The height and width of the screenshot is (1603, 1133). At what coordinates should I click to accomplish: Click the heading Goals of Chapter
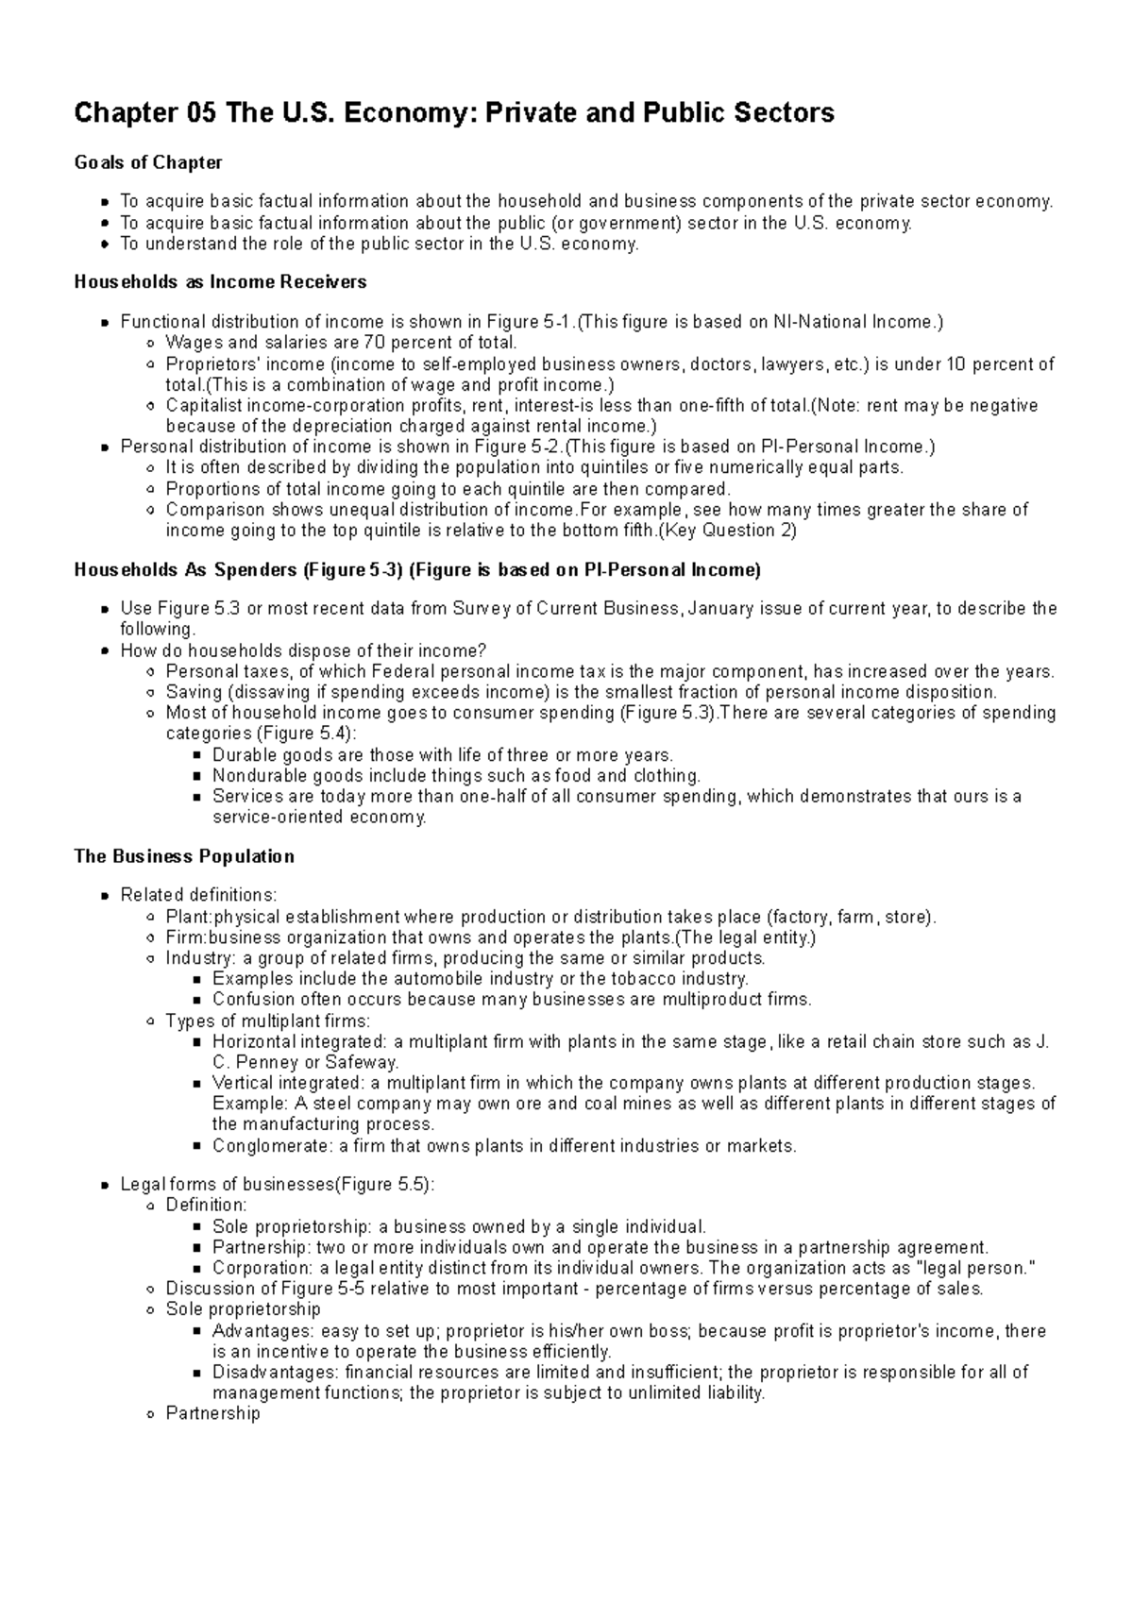[x=148, y=162]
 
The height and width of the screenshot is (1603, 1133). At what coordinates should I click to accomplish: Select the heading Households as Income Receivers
[x=220, y=282]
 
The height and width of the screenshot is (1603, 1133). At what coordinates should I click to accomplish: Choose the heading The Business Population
[x=184, y=856]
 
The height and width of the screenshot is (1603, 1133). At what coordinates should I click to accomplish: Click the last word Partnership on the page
[x=212, y=1413]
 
